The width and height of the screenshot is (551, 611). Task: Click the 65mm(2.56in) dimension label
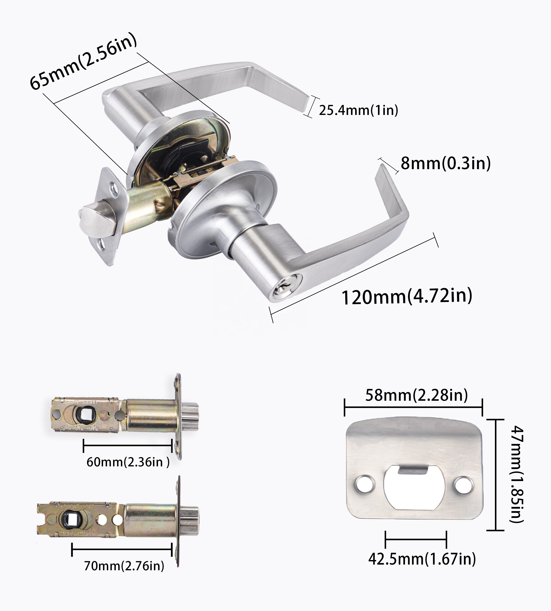tap(83, 61)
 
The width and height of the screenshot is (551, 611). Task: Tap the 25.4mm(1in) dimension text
tap(358, 110)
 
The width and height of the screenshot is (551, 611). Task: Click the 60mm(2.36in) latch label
tap(128, 462)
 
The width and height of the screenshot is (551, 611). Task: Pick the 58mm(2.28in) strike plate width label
tap(416, 395)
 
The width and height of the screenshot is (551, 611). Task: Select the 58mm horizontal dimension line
tap(413, 407)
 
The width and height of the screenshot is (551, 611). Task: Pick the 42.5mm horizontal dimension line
tap(416, 539)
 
